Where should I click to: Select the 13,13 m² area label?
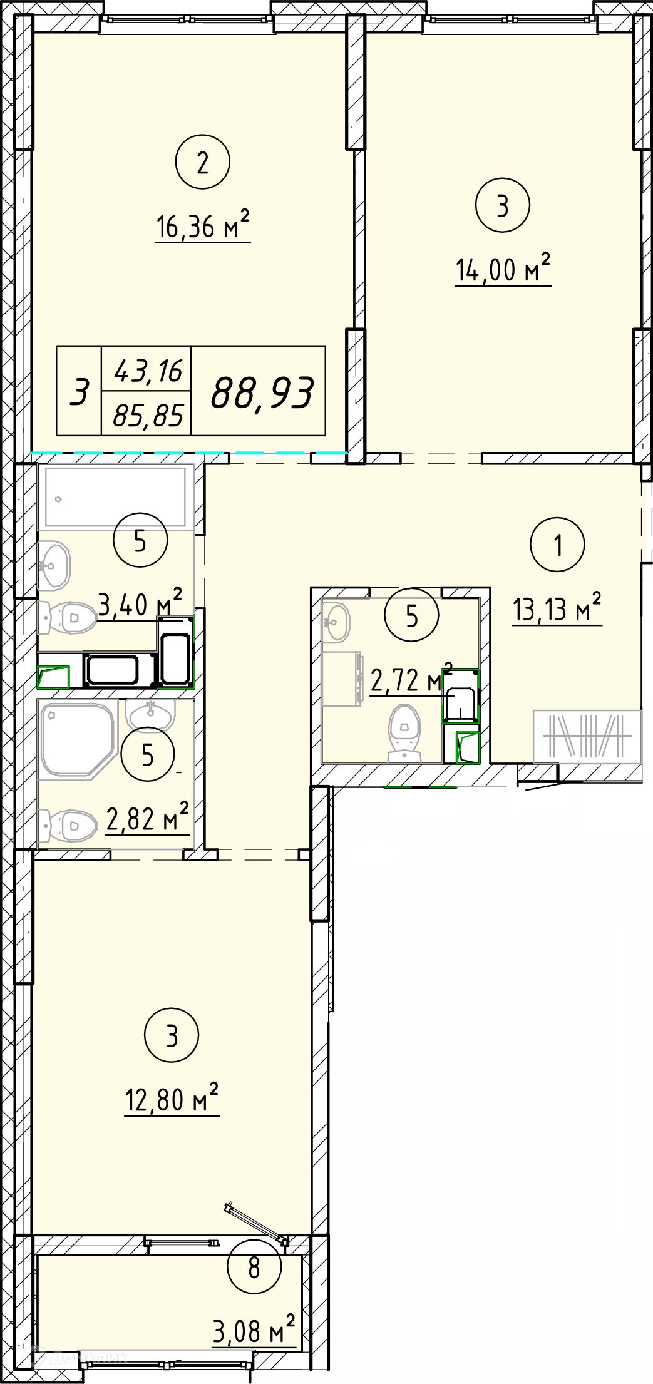(557, 608)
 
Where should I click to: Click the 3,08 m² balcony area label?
(254, 1328)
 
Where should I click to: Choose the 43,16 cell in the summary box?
(148, 372)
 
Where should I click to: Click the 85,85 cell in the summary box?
(148, 415)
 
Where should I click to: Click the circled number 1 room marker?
(557, 545)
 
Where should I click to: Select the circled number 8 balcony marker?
(254, 1268)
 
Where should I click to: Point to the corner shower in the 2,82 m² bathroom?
(78, 741)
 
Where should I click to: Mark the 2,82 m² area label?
(148, 818)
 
